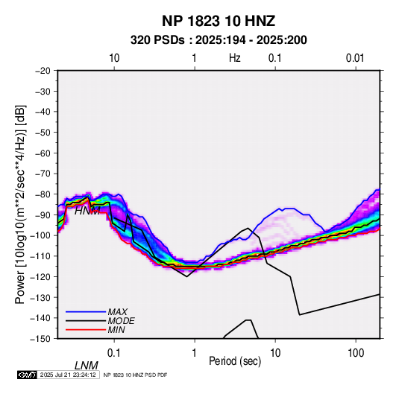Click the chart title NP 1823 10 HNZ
coord(219,21)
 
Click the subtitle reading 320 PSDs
coord(157,40)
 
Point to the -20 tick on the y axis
coord(43,71)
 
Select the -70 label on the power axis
coord(43,174)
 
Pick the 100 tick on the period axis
coord(356,353)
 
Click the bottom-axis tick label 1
coord(195,353)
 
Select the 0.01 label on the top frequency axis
coord(355,58)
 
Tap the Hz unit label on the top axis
coord(235,58)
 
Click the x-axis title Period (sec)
coord(235,361)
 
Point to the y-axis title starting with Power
coord(20,205)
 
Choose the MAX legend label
coord(117,311)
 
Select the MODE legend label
coord(121,321)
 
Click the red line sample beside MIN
coord(86,330)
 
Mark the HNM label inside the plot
coord(87,211)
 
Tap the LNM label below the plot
coord(87,366)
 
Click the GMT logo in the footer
coord(28,375)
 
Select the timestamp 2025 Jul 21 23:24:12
coord(68,375)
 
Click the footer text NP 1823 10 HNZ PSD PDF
coord(135,375)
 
